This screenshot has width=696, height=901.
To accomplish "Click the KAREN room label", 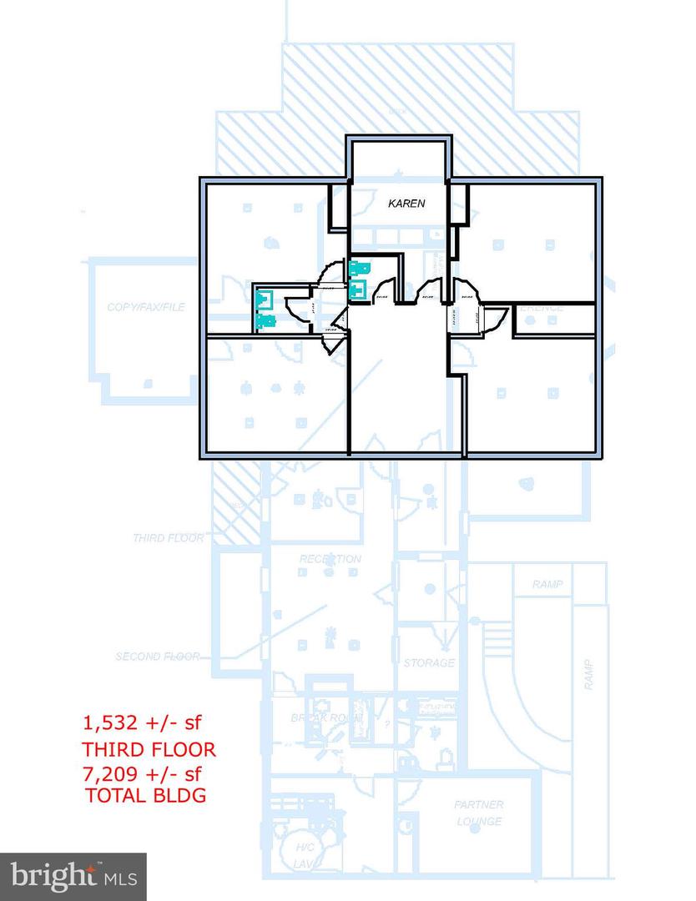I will (x=406, y=203).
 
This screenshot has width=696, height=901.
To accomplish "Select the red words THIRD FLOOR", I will (x=148, y=749).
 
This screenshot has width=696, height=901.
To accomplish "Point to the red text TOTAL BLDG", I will (x=145, y=795).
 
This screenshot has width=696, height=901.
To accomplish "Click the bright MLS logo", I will (x=73, y=876).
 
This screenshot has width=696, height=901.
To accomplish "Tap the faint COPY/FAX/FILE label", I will (x=145, y=307).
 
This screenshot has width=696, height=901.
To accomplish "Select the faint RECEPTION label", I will (x=330, y=559).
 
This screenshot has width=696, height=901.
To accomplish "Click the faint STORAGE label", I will (x=429, y=663).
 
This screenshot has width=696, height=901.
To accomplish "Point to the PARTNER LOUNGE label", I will (x=479, y=813).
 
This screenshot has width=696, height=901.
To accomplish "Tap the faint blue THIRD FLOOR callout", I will (x=169, y=538).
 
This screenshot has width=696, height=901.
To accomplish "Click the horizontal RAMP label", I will (x=547, y=585).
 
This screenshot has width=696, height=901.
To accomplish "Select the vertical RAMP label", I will (x=589, y=673).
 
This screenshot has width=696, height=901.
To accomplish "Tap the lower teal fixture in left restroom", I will (x=266, y=319).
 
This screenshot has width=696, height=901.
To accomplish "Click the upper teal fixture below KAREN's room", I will (x=360, y=269).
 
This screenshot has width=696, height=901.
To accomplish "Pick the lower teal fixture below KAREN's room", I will (x=360, y=289).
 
